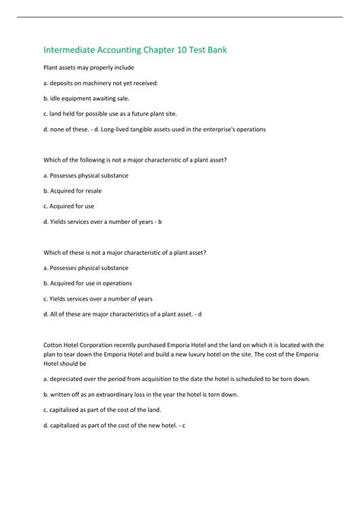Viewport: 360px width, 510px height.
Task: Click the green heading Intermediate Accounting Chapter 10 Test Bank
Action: (134, 50)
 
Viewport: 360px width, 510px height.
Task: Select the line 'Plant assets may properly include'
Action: (88, 68)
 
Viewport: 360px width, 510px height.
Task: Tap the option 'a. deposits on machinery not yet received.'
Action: (100, 83)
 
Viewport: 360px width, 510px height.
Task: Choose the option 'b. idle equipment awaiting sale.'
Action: (87, 98)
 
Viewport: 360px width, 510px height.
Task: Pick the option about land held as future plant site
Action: (109, 114)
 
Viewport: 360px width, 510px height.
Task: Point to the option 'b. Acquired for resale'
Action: (73, 191)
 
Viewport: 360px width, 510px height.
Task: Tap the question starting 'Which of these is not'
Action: (125, 253)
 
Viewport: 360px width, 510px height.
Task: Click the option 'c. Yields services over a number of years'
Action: (98, 299)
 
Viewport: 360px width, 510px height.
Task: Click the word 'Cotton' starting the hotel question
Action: (52, 345)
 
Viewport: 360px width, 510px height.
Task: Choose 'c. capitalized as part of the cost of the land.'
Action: (112, 410)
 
